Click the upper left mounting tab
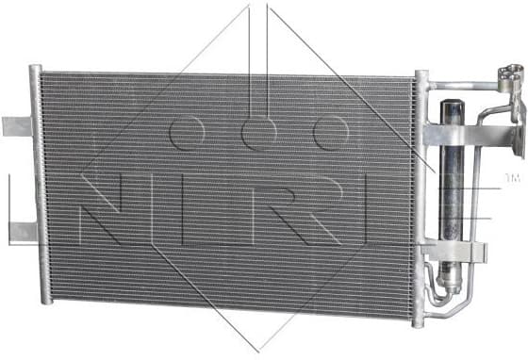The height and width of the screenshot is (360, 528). (17, 125)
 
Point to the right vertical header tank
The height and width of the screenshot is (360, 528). (421, 188)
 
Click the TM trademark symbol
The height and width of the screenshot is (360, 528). (512, 177)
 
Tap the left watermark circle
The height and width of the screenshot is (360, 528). (188, 135)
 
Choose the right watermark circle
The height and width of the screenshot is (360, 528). (332, 135)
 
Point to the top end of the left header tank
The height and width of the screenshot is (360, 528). (36, 70)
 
